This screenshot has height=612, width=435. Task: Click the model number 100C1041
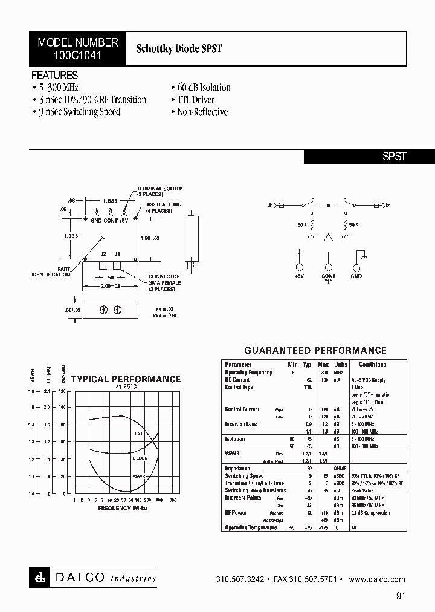[78, 54]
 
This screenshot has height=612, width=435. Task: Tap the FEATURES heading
[54, 76]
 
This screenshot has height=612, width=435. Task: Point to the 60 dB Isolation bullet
[201, 88]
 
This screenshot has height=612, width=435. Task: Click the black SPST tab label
[395, 156]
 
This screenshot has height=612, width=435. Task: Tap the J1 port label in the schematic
[271, 206]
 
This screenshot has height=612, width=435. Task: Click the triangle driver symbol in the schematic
[328, 238]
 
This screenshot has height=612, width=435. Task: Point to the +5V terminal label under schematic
[298, 276]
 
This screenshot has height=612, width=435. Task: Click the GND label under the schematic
[356, 276]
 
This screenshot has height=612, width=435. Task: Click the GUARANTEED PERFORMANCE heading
[315, 351]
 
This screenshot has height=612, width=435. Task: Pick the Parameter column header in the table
[238, 365]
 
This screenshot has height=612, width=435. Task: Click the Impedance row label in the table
[237, 468]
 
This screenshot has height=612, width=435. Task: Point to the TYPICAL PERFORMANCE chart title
[126, 379]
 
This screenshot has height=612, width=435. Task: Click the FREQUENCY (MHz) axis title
[123, 508]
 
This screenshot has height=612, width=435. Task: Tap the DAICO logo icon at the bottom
[38, 578]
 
